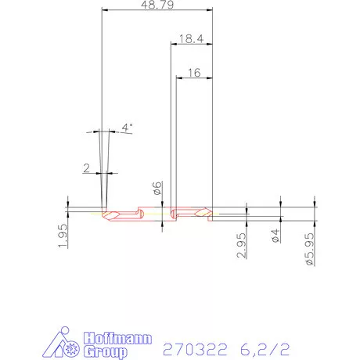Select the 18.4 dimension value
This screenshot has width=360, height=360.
coord(192,39)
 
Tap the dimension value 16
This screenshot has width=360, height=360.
coord(195,72)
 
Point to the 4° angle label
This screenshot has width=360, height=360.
coord(128,127)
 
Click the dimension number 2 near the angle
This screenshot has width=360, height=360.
coord(86,167)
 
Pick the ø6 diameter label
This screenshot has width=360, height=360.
coord(157,188)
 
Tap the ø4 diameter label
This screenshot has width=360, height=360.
coord(275,234)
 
